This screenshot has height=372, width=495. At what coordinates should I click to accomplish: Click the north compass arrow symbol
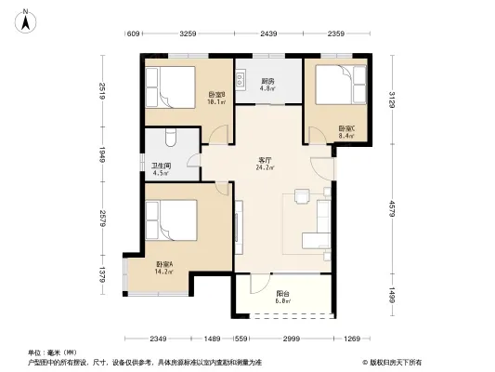click(x=29, y=17)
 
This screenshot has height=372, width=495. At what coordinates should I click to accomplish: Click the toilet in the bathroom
click(x=167, y=139)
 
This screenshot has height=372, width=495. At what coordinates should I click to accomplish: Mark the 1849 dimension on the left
click(x=103, y=155)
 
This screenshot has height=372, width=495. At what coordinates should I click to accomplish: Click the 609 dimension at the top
click(x=133, y=35)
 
